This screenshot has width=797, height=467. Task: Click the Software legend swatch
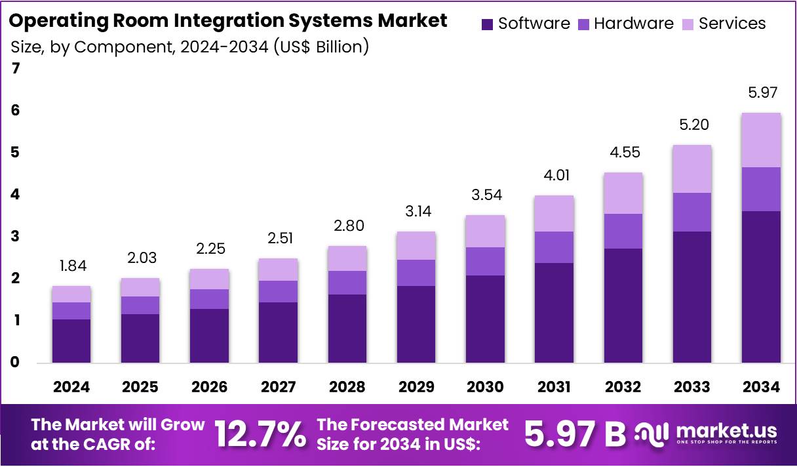coord(487,24)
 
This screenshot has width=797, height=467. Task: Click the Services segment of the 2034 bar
coord(761,140)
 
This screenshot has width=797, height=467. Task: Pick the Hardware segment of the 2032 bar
coord(623,231)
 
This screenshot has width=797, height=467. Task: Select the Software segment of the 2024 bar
coord(71,340)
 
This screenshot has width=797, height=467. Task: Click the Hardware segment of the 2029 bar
coord(416,272)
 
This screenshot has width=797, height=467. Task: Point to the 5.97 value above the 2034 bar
coord(761,93)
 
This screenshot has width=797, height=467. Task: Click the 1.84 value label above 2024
coord(71,266)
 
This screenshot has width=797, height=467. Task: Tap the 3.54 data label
coord(485,195)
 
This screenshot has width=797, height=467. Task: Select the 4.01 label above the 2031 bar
coord(554,176)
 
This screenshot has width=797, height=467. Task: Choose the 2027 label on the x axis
coord(279,387)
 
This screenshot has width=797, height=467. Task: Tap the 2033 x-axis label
coord(692,387)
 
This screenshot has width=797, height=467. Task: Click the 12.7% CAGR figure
coord(260,434)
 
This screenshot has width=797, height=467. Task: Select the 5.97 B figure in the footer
coord(575,434)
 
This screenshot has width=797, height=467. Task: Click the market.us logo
coord(707,434)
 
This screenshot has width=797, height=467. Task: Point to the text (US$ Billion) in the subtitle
coord(321,47)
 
